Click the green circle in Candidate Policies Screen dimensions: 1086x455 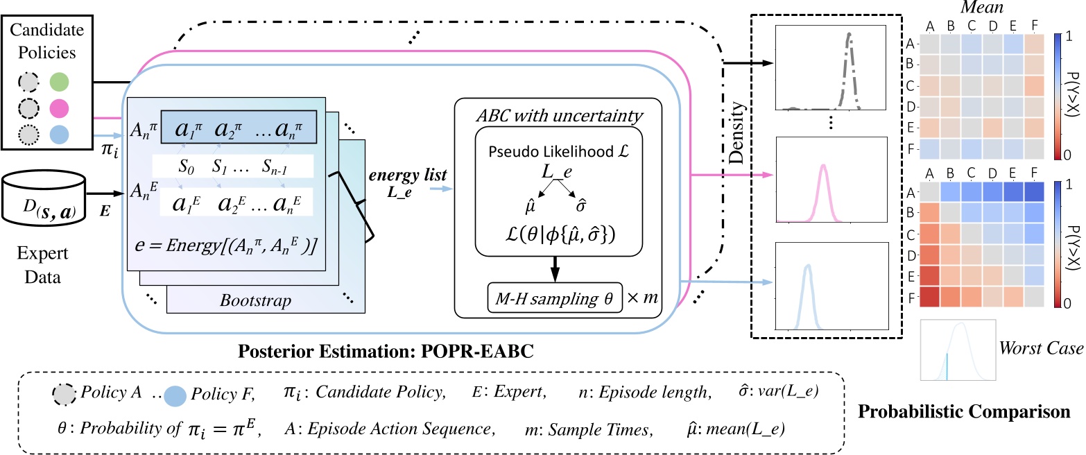(59, 82)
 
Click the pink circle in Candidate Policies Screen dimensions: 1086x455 (59, 108)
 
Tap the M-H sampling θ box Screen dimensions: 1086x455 (555, 298)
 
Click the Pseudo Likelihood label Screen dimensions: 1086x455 (558, 151)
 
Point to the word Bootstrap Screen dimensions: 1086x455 (255, 301)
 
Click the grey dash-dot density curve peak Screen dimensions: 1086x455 (849, 35)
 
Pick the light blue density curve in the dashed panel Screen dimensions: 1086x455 (807, 296)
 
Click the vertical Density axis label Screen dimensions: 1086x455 (736, 132)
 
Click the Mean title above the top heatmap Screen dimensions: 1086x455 (982, 7)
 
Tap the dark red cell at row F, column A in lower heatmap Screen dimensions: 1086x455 (929, 297)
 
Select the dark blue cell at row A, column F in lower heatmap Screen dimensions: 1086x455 (1034, 191)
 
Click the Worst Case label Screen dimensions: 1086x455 (1041, 348)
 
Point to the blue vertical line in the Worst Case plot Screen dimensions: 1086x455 (947, 366)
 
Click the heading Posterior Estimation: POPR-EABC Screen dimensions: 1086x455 (386, 351)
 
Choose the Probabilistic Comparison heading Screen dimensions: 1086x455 (964, 411)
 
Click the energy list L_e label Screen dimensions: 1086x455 (408, 183)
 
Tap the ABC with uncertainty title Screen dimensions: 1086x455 (560, 115)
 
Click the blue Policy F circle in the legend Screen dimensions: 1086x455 (175, 396)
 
